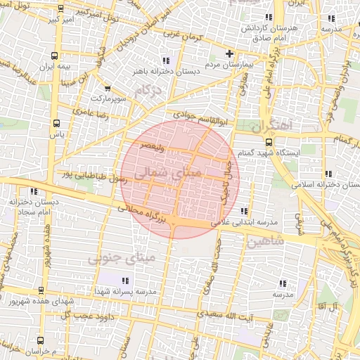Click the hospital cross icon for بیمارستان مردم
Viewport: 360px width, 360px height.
[x=229, y=53]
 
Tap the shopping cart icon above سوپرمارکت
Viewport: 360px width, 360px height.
[x=107, y=89]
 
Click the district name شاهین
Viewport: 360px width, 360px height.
[x=266, y=241]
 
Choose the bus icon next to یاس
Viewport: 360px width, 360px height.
[x=56, y=122]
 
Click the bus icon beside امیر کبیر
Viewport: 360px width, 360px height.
[x=60, y=10]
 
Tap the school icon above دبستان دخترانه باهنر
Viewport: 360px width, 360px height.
[x=165, y=60]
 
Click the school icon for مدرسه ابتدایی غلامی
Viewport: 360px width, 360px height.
[x=244, y=211]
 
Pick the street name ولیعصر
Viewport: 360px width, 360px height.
[x=153, y=146]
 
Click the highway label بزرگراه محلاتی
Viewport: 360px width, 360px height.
[x=144, y=214]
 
